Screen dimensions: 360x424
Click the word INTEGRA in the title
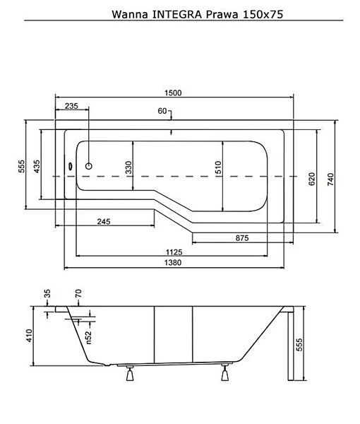coord(177,14)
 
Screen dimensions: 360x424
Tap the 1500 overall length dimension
coord(173,93)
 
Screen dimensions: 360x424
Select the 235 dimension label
coord(71,106)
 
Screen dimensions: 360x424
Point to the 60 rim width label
coord(162,111)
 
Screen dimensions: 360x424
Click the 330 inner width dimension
coord(128,167)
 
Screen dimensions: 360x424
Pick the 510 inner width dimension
coord(218,167)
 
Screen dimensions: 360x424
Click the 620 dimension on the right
coord(311,179)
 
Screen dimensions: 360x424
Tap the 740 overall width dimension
coord(330,179)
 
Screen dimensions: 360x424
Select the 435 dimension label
coord(37,166)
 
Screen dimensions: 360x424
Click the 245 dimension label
coord(104,222)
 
